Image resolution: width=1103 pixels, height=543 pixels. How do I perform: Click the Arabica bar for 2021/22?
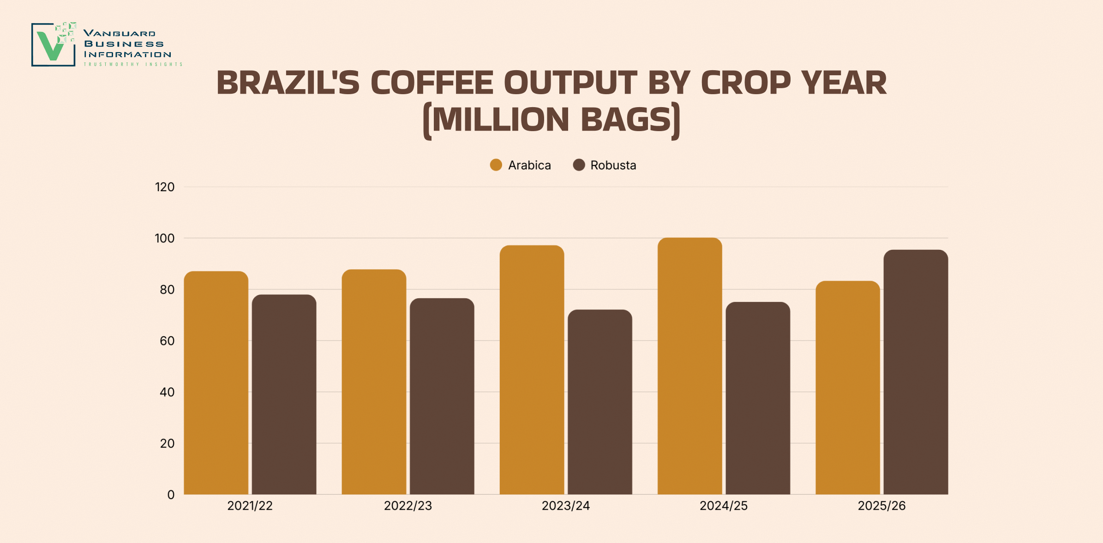pos(216,383)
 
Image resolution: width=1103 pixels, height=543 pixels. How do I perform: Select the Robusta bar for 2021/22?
pos(284,394)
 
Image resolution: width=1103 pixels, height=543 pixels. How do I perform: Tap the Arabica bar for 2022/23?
pos(374,382)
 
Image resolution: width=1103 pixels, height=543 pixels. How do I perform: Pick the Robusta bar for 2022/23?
pos(442,396)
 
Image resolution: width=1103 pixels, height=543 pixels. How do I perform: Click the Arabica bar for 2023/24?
pos(532,370)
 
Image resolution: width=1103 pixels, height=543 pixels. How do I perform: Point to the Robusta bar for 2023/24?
pos(600,402)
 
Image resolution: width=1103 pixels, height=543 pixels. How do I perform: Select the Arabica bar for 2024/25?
pos(690,366)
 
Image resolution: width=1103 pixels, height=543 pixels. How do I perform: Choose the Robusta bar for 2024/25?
pos(758,398)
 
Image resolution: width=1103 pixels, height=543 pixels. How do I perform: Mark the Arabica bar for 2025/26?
pos(848,387)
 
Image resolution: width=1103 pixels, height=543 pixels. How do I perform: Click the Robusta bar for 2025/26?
pos(916,372)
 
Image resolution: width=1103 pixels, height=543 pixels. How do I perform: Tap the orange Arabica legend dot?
pos(496,165)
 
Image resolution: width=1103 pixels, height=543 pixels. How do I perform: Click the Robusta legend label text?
pos(613,165)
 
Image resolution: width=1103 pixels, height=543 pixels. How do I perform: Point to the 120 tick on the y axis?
pos(165,187)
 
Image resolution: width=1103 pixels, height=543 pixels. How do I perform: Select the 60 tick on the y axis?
pos(167,341)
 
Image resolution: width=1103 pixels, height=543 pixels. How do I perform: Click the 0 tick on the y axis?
pos(171,495)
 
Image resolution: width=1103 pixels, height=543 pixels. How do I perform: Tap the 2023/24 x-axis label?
pos(566,506)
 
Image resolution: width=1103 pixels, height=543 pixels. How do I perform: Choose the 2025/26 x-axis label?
pos(882,506)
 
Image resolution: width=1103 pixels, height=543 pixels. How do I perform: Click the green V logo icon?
pos(54,45)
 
